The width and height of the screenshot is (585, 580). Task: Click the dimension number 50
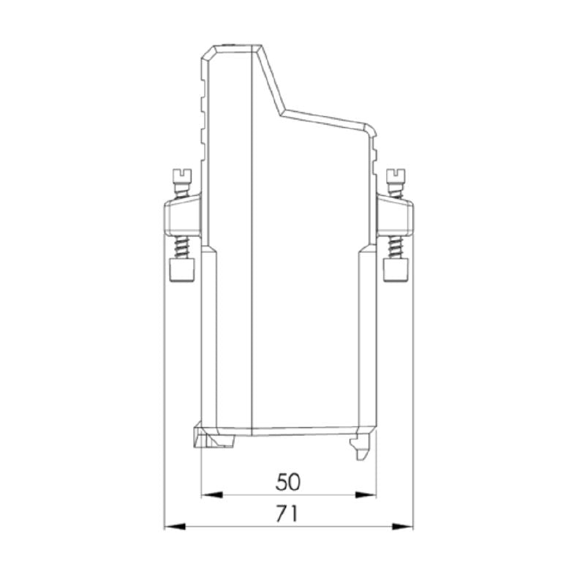pos(289,481)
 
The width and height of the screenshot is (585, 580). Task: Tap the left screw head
pos(181,175)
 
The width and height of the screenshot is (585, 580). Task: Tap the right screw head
pos(396,175)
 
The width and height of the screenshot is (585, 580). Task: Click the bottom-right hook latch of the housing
pos(361,446)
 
